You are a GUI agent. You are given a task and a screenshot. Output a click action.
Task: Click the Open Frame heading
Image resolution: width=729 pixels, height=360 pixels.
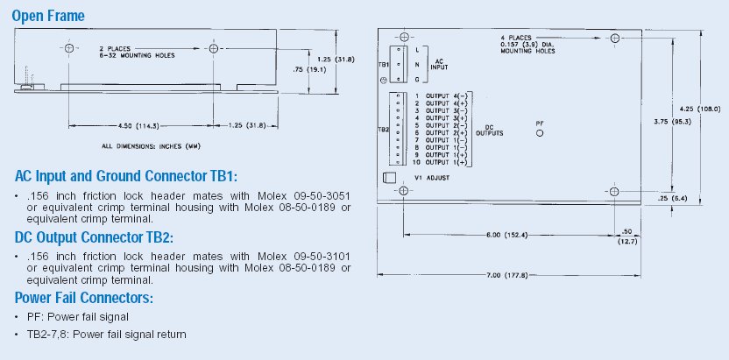pos(48,16)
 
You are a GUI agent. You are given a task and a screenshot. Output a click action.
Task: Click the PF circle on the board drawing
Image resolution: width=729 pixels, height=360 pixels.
pos(540,133)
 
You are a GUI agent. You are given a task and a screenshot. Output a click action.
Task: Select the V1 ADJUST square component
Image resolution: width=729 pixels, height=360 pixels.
pos(389,178)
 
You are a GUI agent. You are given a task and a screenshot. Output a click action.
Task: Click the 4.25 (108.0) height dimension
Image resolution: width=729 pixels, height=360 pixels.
pos(700,109)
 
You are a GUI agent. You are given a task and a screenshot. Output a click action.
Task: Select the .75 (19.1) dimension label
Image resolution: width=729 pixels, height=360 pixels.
pos(305,70)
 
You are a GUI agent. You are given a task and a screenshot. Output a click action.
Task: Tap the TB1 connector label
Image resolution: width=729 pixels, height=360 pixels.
pos(384,65)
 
